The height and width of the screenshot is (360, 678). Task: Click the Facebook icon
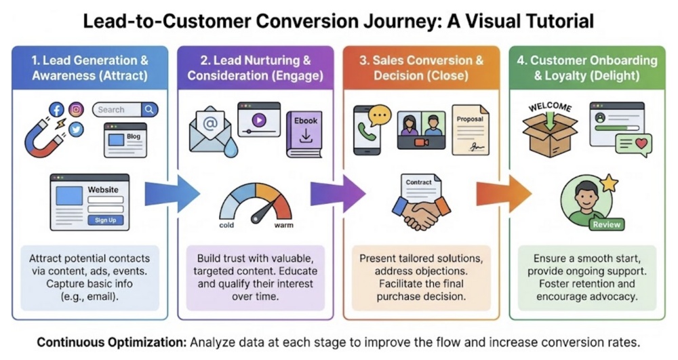point(57,110)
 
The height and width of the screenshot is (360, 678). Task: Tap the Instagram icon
point(77,110)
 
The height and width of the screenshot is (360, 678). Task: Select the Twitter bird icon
point(76,129)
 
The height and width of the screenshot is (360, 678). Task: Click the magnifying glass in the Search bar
point(149,109)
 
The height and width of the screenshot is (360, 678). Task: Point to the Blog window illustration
point(125,139)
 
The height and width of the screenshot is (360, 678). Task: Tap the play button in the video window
point(258,119)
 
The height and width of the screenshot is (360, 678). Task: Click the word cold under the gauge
point(226,225)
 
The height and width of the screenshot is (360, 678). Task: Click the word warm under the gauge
point(283,225)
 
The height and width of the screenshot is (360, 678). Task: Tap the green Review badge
point(605,224)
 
